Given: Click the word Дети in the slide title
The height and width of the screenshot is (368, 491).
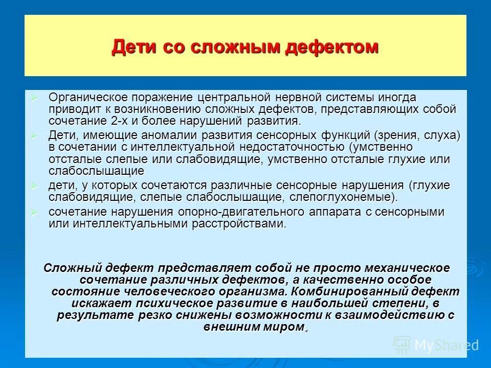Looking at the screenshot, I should (131, 47).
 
